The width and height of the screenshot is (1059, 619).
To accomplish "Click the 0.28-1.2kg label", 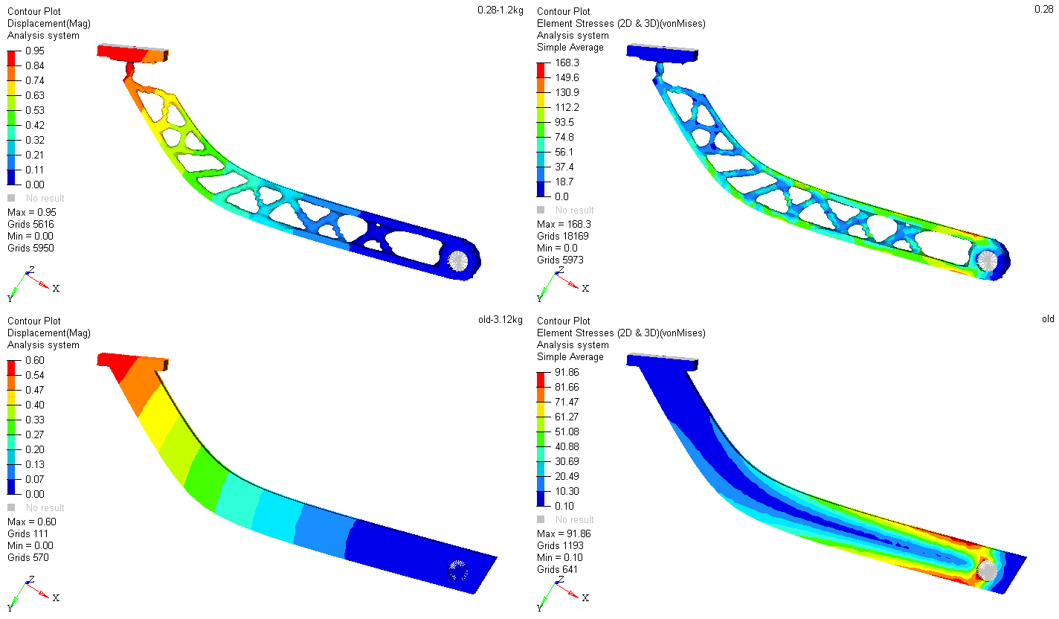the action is pos(500,10).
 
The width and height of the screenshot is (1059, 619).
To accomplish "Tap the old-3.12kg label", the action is pos(500,320).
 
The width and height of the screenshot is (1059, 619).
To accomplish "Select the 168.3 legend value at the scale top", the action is pos(567,63).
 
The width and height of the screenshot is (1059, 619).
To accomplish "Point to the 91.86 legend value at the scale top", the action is pos(567,372).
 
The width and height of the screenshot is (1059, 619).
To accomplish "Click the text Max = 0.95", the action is pos(32,212).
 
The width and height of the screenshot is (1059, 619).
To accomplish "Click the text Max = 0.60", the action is pos(32,522).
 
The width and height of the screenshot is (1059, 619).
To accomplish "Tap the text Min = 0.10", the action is pos(560,557).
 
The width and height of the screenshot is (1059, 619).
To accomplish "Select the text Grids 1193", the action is pos(560,545).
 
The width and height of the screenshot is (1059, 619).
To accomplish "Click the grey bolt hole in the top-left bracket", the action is pos(457,260).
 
